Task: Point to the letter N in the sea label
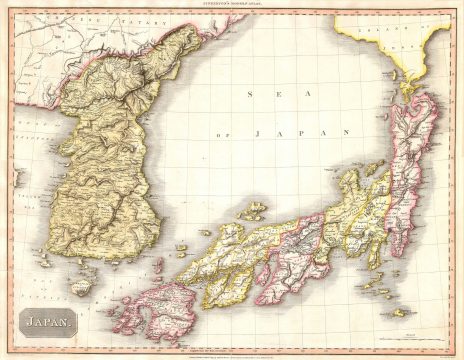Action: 345,131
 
